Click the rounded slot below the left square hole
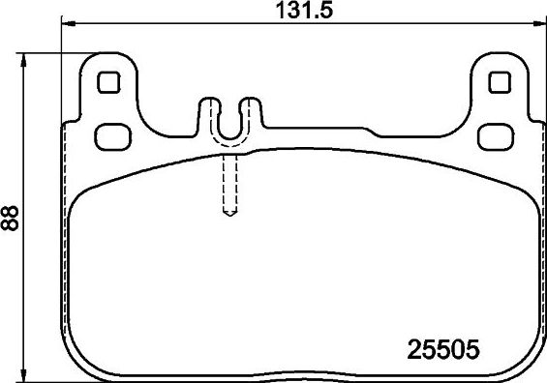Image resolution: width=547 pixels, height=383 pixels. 113,132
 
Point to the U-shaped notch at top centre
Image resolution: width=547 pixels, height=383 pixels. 229,121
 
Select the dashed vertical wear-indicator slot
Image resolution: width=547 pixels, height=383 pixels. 230,184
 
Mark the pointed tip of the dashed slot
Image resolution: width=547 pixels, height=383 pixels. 230,215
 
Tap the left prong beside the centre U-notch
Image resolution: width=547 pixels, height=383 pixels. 207,111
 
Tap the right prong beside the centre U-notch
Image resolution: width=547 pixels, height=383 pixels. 252,111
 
